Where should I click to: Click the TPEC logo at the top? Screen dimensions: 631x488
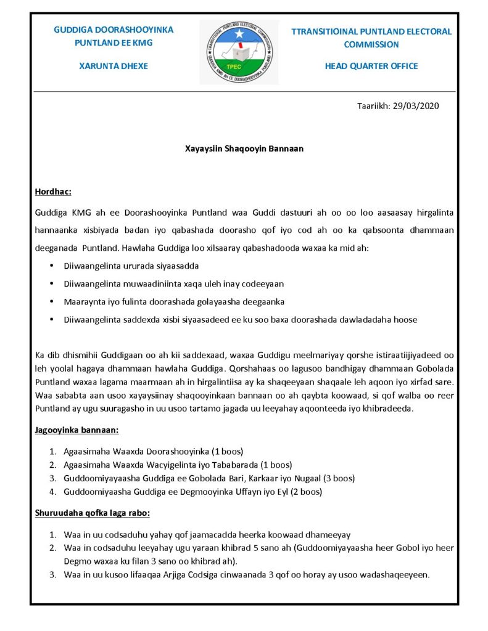tap(239, 52)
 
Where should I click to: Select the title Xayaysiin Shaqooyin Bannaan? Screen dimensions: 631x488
tap(244, 149)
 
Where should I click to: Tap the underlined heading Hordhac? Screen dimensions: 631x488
tap(53, 192)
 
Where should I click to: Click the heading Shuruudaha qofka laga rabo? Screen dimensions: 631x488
tap(93, 513)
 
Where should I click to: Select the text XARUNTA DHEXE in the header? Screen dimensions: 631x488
tap(114, 66)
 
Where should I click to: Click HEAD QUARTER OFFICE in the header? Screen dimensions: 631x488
tap(371, 66)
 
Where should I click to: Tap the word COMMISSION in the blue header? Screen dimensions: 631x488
tap(371, 44)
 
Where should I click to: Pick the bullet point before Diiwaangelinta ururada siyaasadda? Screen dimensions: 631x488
tap(51, 266)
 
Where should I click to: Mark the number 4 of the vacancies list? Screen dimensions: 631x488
tap(53, 492)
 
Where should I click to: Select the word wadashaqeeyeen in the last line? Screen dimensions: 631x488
tap(398, 575)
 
